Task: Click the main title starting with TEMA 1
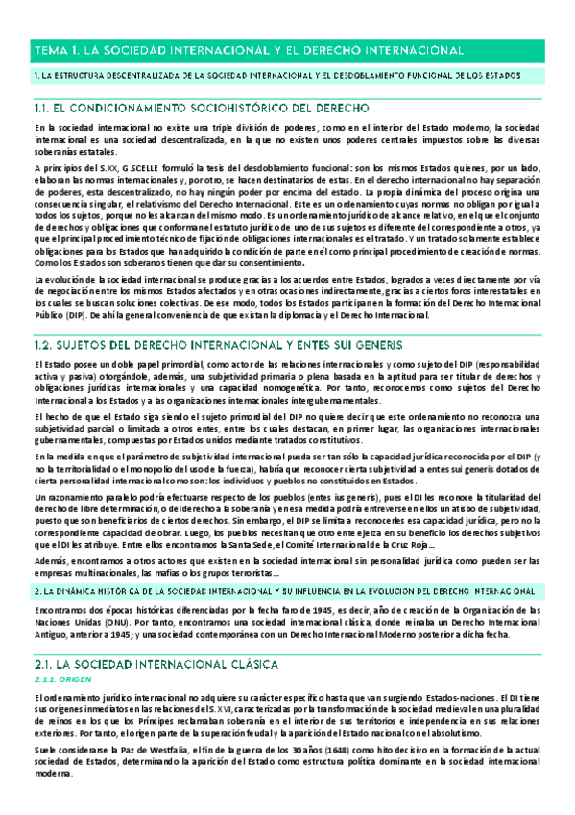[x=249, y=49]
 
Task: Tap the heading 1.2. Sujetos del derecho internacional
[x=217, y=316]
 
